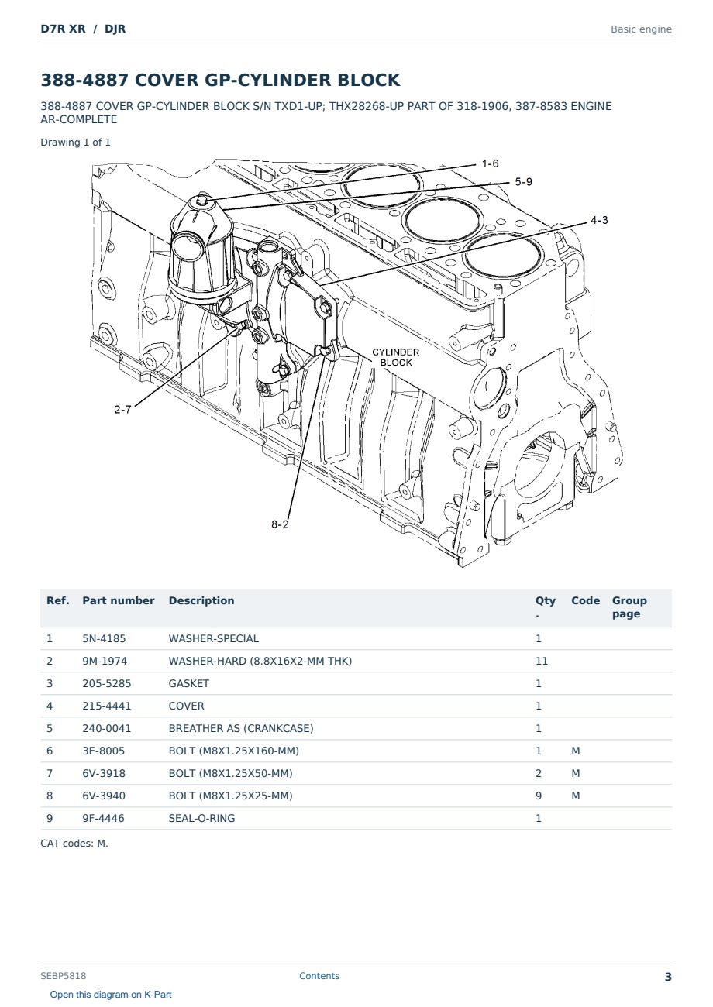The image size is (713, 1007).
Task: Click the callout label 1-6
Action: [490, 163]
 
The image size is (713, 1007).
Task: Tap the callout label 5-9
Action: [523, 181]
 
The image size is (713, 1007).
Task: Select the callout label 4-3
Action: [599, 220]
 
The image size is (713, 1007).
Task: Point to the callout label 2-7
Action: [122, 410]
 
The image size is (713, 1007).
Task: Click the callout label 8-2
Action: [280, 524]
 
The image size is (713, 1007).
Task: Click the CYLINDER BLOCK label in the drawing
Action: [395, 357]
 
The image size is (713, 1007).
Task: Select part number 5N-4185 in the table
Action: [104, 638]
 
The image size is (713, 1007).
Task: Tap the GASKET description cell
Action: [189, 683]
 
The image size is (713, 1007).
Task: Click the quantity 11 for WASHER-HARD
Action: [542, 661]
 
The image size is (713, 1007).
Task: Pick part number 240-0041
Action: [107, 728]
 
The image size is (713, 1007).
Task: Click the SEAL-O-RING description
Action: [201, 818]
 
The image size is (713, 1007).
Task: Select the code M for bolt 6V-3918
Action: [575, 773]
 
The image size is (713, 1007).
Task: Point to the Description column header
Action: [201, 600]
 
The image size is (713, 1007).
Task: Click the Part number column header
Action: [119, 600]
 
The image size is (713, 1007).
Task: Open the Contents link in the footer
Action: [319, 976]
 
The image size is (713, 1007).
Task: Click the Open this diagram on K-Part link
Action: [111, 995]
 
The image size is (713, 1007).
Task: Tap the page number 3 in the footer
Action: [668, 977]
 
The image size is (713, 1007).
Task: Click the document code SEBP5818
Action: [64, 976]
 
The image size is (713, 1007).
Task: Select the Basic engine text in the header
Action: [641, 29]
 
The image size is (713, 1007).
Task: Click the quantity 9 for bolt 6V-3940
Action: [539, 796]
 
